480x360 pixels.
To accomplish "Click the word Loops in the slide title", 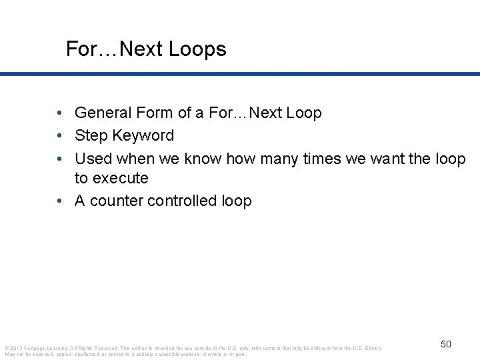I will click(199, 49).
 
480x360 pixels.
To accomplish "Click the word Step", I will click(90, 136).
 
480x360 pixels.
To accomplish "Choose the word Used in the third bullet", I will click(93, 159).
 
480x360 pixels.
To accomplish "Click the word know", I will click(203, 159).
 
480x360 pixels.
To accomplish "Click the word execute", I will click(121, 179).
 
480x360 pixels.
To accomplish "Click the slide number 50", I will click(446, 344).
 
